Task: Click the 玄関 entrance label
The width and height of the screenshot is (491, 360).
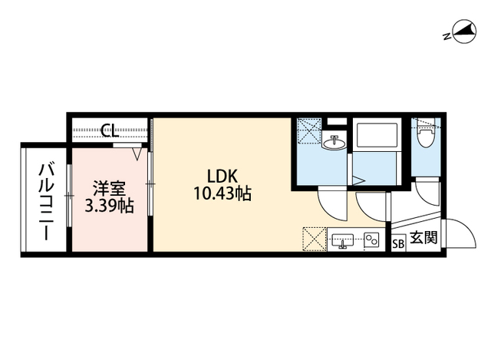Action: click(423, 239)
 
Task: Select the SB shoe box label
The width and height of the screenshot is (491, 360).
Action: click(397, 244)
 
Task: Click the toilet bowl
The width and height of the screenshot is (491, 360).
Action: click(425, 136)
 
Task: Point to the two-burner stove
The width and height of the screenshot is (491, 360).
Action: click(372, 239)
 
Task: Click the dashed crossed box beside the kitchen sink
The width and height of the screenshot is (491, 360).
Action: click(315, 239)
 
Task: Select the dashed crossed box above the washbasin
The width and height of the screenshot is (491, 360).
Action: click(308, 131)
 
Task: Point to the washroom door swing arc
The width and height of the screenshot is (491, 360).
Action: click(332, 200)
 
